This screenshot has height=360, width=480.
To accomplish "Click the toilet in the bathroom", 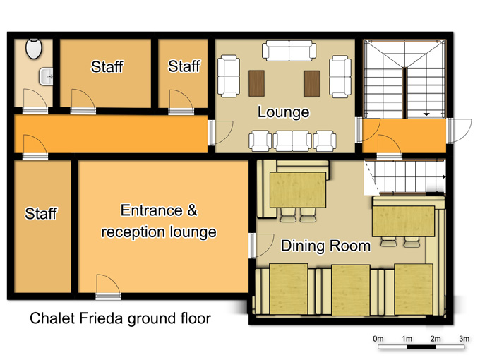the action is pos(34,49).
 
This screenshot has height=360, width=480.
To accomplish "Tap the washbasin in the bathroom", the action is pos(46,76).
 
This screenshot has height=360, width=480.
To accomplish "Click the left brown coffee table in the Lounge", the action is pos(256,83).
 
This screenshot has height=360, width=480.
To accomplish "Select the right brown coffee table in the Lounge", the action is pos(312,83).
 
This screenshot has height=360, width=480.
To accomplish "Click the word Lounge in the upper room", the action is pos(283,112).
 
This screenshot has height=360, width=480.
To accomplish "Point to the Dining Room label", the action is pos(325,246).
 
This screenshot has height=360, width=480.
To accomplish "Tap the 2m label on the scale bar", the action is pos(436,339).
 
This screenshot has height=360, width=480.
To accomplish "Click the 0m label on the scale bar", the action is pos(378,339).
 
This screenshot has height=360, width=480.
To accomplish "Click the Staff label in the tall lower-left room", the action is pos(41,213).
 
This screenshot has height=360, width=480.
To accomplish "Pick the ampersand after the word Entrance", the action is pos(192,210).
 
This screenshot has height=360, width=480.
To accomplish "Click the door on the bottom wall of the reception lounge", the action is pos(109,287).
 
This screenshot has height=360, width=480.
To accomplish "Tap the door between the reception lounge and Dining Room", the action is pos(260,246).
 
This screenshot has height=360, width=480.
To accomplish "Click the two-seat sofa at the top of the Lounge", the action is pos(289,51).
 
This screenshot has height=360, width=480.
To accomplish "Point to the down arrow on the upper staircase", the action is pos(426,114).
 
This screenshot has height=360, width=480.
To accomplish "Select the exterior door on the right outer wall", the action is pos(460,131).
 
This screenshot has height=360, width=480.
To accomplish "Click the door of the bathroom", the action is pos(35,102).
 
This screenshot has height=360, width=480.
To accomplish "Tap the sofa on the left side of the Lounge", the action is pos(229,76).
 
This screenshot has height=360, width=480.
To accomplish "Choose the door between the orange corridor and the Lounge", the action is pos(220,133).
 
